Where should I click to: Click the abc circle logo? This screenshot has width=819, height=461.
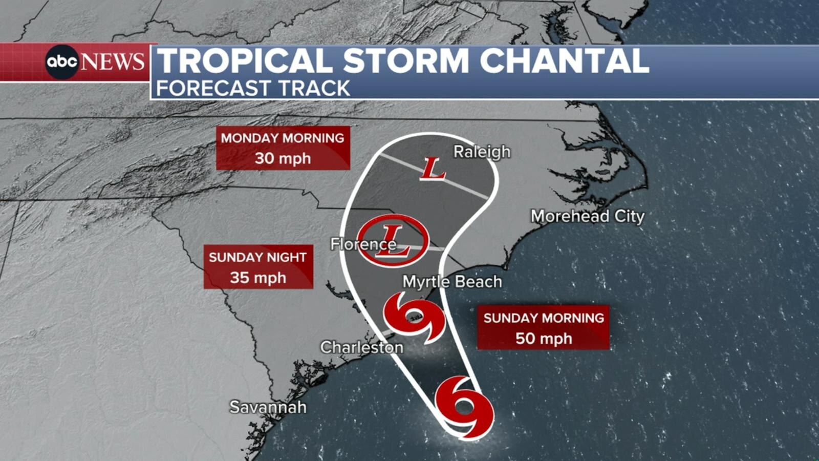click(x=62, y=62)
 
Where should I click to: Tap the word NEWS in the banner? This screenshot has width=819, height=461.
click(x=113, y=62)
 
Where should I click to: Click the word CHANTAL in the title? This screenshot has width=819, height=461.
click(x=564, y=60)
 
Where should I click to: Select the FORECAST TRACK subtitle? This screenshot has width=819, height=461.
click(x=253, y=88)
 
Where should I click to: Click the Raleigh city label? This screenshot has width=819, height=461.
click(x=482, y=152)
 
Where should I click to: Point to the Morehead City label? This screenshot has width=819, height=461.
click(x=587, y=216)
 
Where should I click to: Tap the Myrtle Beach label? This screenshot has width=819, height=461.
click(x=452, y=281)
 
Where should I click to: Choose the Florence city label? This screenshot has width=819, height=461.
click(x=362, y=244)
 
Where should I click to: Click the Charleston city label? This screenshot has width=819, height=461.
click(x=361, y=347)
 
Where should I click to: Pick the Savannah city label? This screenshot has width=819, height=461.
click(x=268, y=407)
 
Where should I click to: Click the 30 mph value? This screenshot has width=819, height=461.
click(x=283, y=158)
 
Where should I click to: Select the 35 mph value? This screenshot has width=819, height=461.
click(x=258, y=278)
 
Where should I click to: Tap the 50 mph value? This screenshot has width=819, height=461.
click(x=543, y=339)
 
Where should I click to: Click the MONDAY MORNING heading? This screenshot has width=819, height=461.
click(x=283, y=138)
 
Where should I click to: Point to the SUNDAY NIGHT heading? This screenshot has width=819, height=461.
click(x=258, y=257)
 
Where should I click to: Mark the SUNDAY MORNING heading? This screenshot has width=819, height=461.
click(x=544, y=318)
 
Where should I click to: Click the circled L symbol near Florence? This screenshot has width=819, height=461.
click(x=393, y=240)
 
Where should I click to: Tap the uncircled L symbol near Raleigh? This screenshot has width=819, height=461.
click(x=433, y=169)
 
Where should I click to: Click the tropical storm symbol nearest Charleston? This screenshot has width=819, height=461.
click(x=414, y=318)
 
